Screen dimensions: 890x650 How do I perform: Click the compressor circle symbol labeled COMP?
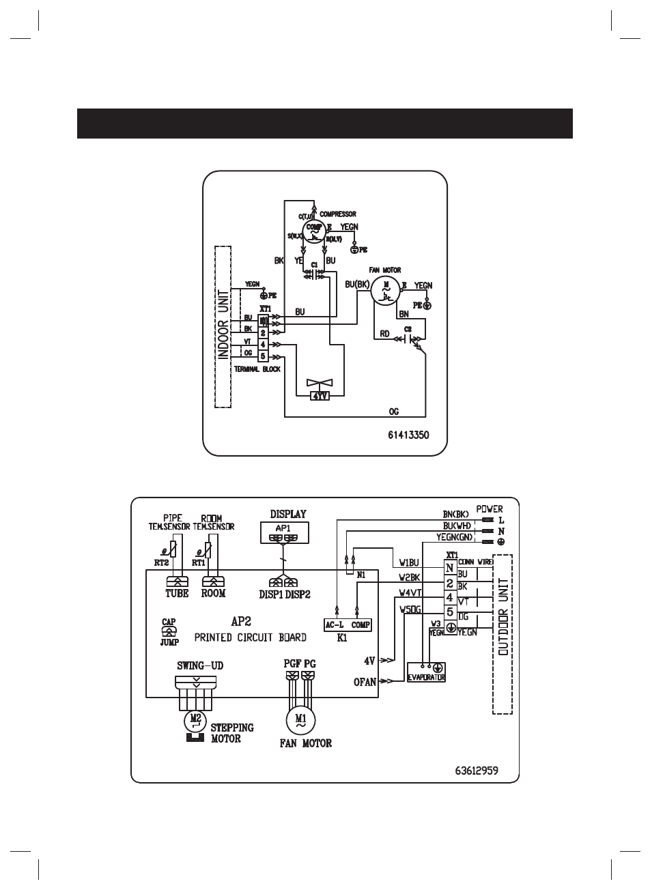(314, 232)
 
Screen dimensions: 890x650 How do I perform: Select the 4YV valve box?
(319, 395)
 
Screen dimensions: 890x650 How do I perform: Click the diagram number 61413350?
(408, 434)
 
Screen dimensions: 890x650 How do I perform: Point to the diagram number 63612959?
(476, 769)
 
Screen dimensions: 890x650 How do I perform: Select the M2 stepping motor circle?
(195, 719)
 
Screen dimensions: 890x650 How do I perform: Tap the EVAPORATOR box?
(427, 672)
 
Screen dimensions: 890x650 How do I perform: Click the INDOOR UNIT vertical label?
(223, 326)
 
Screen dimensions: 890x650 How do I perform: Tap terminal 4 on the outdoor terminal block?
(263, 344)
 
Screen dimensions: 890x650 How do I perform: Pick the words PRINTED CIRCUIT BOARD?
(251, 637)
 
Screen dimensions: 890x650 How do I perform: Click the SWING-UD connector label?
(200, 665)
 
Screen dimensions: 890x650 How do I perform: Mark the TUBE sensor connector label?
(177, 594)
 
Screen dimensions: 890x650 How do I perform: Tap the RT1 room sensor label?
(199, 562)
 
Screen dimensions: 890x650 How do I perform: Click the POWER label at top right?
(490, 509)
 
